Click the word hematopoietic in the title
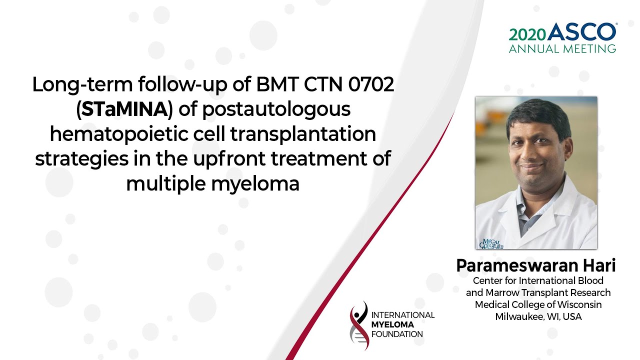[x=119, y=134]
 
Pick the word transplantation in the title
[x=303, y=134]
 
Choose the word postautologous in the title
[x=276, y=110]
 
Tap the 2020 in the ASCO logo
[x=527, y=35]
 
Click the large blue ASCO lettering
[x=581, y=31]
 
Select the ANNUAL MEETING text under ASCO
[x=562, y=49]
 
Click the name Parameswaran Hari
[x=535, y=265]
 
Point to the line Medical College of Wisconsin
[x=538, y=304]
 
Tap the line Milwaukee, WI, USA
[x=538, y=317]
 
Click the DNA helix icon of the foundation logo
[x=359, y=325]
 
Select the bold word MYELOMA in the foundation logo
[x=392, y=324]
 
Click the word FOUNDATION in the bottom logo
[x=397, y=334]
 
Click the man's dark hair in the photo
[x=538, y=115]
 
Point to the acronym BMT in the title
[x=277, y=84]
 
